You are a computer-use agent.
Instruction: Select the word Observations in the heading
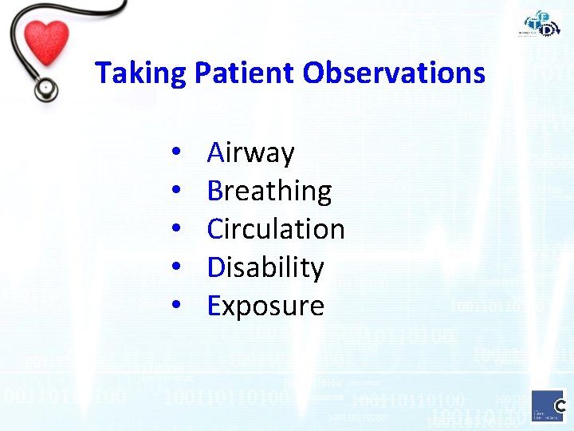(394, 73)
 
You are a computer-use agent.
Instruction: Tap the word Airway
(251, 152)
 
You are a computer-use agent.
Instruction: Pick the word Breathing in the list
(269, 191)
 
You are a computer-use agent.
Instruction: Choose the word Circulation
(276, 229)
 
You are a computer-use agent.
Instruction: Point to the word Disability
(265, 267)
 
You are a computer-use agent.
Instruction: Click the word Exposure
(265, 306)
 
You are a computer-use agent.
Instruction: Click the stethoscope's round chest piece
(46, 88)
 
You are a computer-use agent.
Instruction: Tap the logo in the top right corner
(542, 24)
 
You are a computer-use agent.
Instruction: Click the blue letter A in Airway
(215, 152)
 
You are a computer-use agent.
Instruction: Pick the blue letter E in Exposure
(214, 306)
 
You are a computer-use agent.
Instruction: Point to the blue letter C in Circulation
(215, 229)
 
